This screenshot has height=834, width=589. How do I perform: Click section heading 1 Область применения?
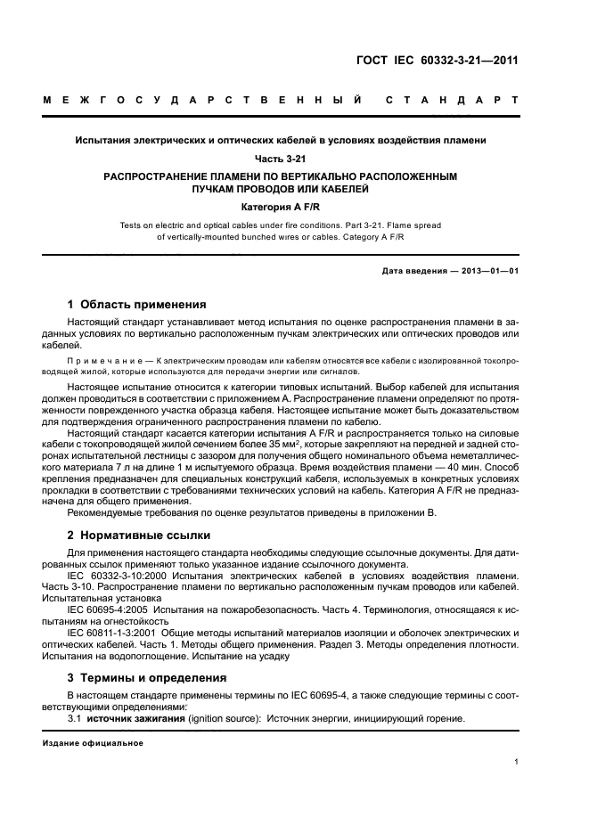pyautogui.click(x=137, y=304)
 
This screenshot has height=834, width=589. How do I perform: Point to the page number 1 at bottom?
pyautogui.click(x=517, y=761)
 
